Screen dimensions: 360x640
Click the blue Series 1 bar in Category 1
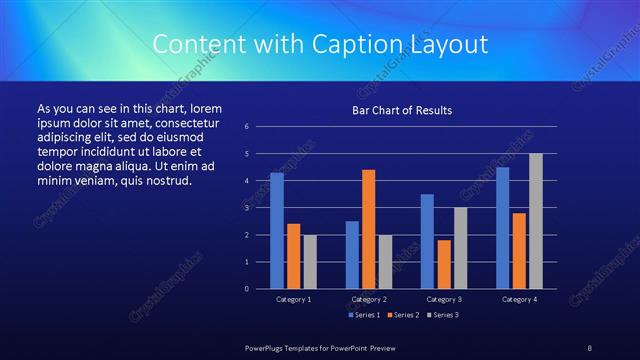277,231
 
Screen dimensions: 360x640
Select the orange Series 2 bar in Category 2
368,229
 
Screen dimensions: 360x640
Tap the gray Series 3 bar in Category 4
535,221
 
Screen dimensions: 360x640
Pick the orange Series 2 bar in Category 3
443,264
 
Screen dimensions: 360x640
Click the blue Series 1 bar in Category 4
502,228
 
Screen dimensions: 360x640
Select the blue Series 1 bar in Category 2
352,255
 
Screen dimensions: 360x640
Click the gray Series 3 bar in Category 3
460,248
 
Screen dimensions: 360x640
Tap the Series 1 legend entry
362,315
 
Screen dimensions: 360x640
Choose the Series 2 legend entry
402,315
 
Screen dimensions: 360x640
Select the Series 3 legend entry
443,315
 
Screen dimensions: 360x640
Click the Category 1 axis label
293,299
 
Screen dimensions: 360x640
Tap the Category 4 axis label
519,299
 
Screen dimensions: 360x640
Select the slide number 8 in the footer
590,346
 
